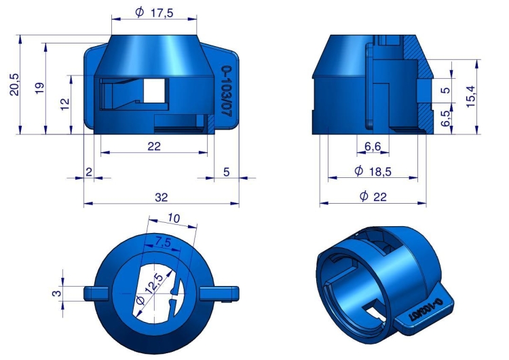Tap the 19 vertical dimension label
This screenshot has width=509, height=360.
(x=39, y=88)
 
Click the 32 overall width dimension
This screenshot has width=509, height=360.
(x=161, y=197)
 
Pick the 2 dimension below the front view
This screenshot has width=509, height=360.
(x=88, y=173)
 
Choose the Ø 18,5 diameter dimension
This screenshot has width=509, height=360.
(x=372, y=172)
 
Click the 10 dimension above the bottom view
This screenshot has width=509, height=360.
(x=174, y=219)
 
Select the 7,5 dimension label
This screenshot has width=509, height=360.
(x=162, y=242)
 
